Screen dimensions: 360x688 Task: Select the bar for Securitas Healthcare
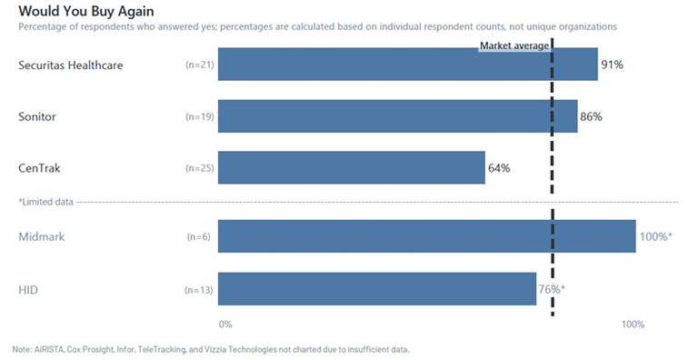[407, 65]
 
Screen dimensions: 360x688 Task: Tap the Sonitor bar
[397, 116]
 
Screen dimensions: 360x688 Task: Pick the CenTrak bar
[351, 168]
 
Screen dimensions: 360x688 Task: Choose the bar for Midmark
[426, 236]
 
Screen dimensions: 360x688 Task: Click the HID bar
[376, 289]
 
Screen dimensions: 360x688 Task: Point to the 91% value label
[612, 65]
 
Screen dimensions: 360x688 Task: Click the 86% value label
[591, 117]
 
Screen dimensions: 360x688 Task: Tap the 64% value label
[499, 168]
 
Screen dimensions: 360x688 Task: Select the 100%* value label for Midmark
[655, 236]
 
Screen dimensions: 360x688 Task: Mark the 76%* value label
[551, 289]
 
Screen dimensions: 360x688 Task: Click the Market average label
[514, 45]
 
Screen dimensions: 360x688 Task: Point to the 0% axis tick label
[225, 325]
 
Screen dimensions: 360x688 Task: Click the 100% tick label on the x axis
[633, 325]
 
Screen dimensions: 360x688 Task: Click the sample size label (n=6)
[198, 237]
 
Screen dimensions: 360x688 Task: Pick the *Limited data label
[45, 201]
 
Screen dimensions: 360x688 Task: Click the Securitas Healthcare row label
[70, 65]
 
